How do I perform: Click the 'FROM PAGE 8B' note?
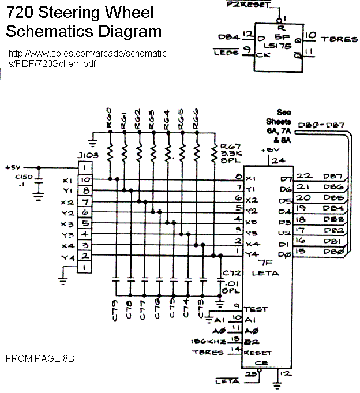40,358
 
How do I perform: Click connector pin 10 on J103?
85,179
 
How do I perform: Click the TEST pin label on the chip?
256,309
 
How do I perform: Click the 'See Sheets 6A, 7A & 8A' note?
279,126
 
